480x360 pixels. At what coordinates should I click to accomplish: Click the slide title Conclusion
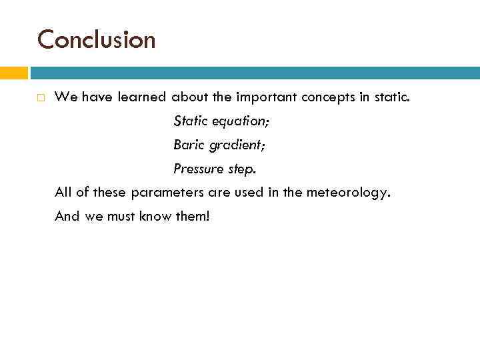point(96,40)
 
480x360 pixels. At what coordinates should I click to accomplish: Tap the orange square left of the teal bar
point(13,73)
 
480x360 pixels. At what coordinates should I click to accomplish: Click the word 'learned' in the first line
point(141,97)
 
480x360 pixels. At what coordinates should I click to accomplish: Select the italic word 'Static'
point(191,121)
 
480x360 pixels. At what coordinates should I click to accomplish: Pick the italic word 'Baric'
point(189,145)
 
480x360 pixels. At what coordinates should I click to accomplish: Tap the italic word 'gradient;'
point(238,145)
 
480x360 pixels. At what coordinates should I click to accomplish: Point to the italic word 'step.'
point(242,169)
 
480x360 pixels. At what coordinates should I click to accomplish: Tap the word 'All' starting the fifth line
point(63,193)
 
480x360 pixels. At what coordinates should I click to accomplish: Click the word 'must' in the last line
point(121,217)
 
